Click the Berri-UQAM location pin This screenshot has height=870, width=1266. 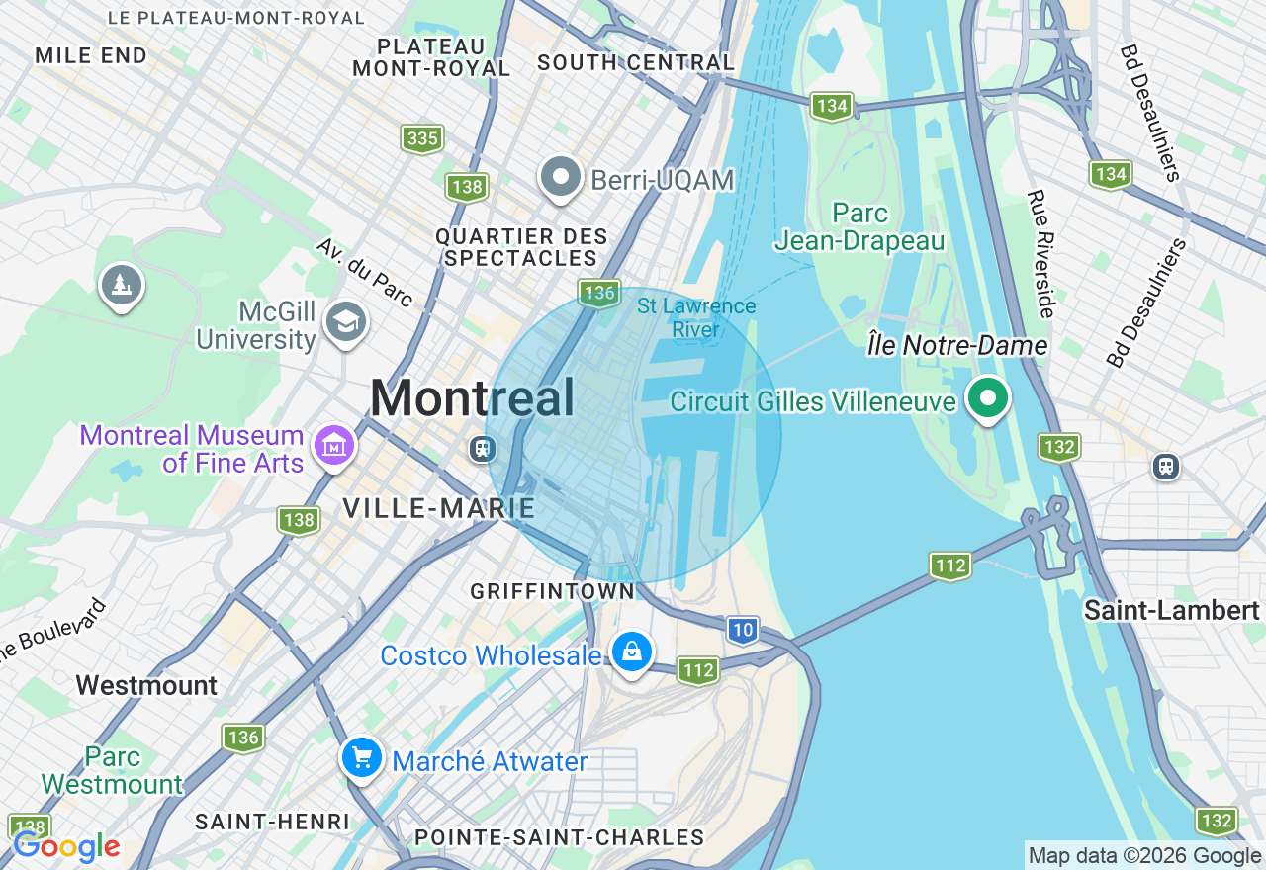click(561, 178)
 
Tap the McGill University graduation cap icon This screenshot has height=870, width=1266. click(345, 321)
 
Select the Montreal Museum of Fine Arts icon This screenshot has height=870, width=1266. click(334, 446)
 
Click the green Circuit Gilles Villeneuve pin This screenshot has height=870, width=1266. click(986, 398)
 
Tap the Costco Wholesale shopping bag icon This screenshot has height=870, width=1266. click(632, 652)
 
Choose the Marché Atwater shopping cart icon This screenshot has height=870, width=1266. click(362, 758)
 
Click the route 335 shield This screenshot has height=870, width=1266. click(422, 138)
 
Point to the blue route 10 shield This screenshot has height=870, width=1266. click(743, 629)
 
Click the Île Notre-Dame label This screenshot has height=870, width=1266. click(956, 345)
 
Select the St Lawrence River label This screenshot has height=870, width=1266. click(696, 317)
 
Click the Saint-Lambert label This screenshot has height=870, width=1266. click(1171, 610)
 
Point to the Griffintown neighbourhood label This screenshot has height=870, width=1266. click(552, 591)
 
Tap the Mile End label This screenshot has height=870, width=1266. click(91, 55)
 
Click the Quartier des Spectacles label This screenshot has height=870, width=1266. click(521, 247)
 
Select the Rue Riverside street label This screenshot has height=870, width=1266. click(1041, 254)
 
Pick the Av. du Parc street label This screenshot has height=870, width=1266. click(364, 272)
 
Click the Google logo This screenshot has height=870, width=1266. click(66, 846)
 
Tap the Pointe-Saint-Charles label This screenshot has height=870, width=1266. click(559, 837)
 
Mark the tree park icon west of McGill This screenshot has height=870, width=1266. click(122, 285)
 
